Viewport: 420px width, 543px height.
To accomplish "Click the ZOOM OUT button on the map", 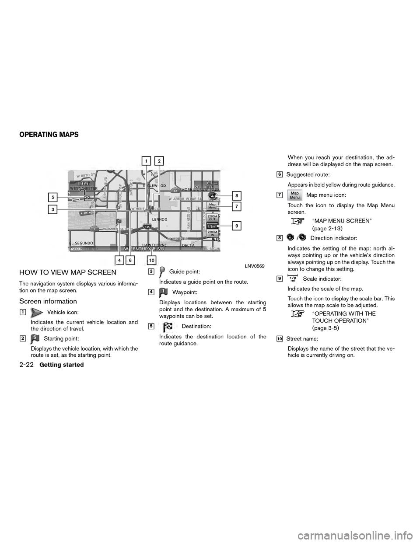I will click(212, 217).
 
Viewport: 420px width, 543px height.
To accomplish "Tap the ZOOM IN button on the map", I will click(212, 234).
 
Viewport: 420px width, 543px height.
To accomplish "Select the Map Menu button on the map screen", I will click(212, 205).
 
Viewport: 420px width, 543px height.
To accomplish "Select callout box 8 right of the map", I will click(235, 195).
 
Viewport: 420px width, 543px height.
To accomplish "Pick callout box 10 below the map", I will click(151, 259).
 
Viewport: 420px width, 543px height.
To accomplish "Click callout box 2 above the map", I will click(159, 161).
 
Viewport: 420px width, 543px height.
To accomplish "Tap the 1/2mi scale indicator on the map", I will click(212, 226).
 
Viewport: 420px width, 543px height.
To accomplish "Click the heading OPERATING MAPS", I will click(42, 135).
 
